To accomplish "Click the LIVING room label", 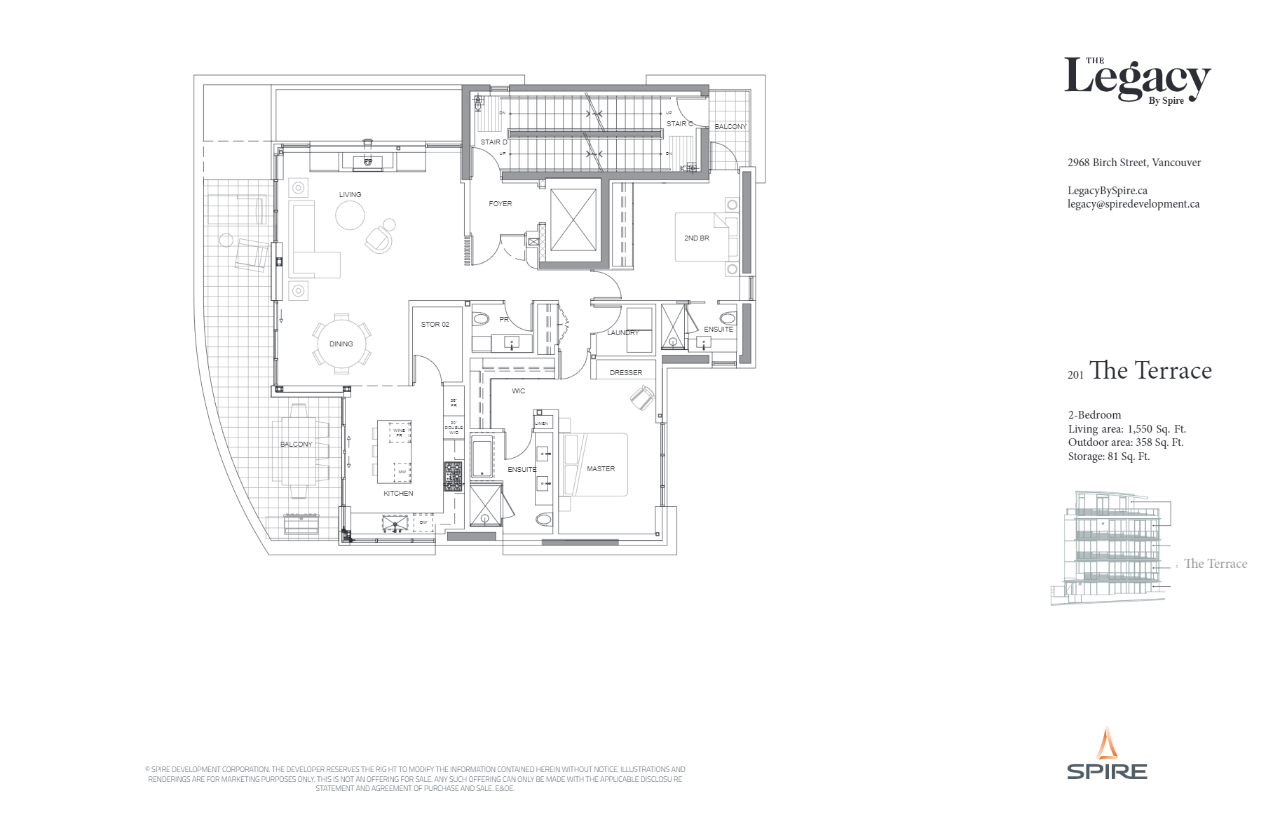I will click(350, 195).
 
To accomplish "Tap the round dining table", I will click(341, 344).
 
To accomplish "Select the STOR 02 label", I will click(435, 325).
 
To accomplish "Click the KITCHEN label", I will click(398, 494).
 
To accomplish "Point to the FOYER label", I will click(500, 204).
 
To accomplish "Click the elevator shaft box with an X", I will click(573, 219).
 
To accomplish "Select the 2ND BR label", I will click(696, 238).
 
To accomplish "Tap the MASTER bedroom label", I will click(601, 469).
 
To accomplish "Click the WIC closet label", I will click(518, 391).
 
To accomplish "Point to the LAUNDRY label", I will click(622, 333).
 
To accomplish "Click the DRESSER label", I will click(625, 373).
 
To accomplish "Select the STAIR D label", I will click(493, 142).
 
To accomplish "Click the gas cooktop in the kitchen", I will click(453, 475).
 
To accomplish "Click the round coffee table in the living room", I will click(350, 215).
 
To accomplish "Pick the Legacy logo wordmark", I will click(1137, 79).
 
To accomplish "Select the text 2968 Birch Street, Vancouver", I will click(1133, 163).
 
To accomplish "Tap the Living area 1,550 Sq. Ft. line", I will click(1126, 429).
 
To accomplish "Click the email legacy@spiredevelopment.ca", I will click(1133, 204).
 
